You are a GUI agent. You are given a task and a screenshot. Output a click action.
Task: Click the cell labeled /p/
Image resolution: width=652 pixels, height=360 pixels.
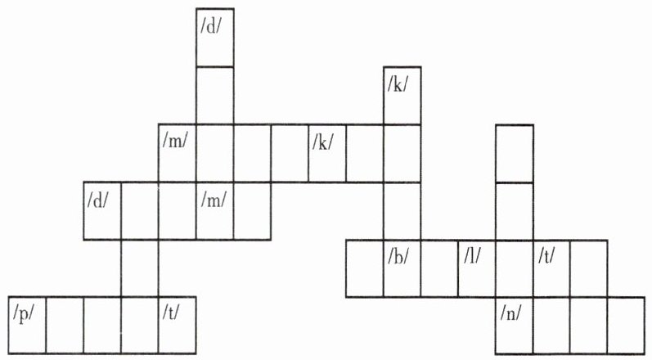click(x=27, y=325)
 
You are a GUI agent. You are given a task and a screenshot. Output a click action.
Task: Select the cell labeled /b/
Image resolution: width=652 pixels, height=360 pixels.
click(x=402, y=268)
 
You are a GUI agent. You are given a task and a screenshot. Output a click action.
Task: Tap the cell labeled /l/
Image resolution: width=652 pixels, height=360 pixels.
click(x=477, y=268)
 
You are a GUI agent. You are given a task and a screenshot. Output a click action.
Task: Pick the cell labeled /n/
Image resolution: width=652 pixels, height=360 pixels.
click(x=515, y=325)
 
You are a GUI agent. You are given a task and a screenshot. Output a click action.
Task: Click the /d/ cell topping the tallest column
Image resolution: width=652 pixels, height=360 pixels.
click(x=215, y=38)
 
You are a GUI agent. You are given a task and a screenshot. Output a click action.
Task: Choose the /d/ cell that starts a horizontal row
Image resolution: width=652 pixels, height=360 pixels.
click(x=102, y=210)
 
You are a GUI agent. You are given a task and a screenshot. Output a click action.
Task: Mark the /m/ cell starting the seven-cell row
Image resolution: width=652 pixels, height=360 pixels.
click(x=178, y=153)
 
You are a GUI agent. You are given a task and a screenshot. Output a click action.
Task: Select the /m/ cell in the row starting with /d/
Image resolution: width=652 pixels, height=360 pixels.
click(x=215, y=210)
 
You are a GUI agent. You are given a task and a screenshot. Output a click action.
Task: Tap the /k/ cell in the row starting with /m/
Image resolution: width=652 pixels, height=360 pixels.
click(x=327, y=153)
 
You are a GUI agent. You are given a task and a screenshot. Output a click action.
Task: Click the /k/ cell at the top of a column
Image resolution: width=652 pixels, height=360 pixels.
click(x=402, y=95)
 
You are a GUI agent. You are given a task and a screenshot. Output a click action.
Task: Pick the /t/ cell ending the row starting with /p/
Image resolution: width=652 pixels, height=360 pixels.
click(x=178, y=325)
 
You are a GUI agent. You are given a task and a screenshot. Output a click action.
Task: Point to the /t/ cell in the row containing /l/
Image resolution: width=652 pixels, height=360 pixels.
click(x=552, y=268)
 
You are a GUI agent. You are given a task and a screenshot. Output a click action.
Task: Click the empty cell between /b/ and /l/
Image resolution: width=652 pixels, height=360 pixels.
click(x=439, y=268)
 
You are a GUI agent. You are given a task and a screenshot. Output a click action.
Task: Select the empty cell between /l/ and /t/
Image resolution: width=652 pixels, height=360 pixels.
click(x=515, y=268)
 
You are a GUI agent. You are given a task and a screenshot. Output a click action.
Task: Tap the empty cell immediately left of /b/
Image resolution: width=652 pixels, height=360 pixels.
click(x=364, y=268)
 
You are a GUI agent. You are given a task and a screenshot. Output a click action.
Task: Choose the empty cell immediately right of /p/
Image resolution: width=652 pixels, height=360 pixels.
click(x=65, y=325)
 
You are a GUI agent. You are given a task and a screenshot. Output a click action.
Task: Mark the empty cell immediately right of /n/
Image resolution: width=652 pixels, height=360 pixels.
click(x=552, y=325)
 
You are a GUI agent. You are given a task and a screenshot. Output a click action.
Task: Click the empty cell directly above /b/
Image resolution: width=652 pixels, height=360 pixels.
click(x=402, y=210)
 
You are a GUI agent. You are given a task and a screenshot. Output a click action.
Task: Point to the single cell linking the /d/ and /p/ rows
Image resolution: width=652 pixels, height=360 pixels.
click(x=140, y=268)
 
